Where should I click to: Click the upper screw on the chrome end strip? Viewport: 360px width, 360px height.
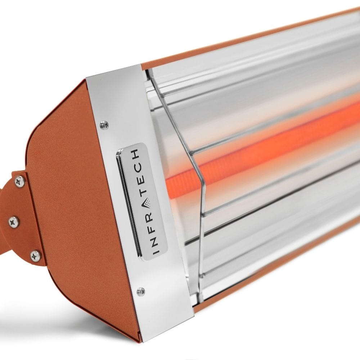coord(104,125)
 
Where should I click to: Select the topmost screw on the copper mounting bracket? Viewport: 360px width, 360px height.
coord(20,181)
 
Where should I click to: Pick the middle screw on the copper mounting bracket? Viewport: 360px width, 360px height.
coord(14,222)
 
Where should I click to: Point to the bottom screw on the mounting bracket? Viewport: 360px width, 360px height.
coord(36,256)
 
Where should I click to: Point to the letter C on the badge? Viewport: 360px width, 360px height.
coord(137,166)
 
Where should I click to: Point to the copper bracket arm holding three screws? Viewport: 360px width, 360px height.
coord(25,220)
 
